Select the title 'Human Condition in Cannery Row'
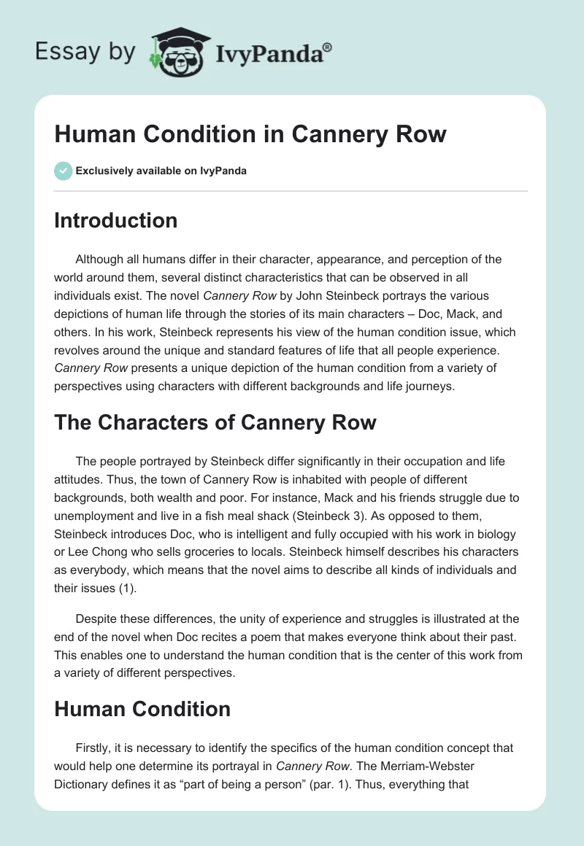click(250, 134)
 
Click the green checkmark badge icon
click(63, 171)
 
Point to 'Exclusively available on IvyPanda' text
click(161, 171)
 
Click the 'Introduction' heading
click(115, 220)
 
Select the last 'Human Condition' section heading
click(142, 708)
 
